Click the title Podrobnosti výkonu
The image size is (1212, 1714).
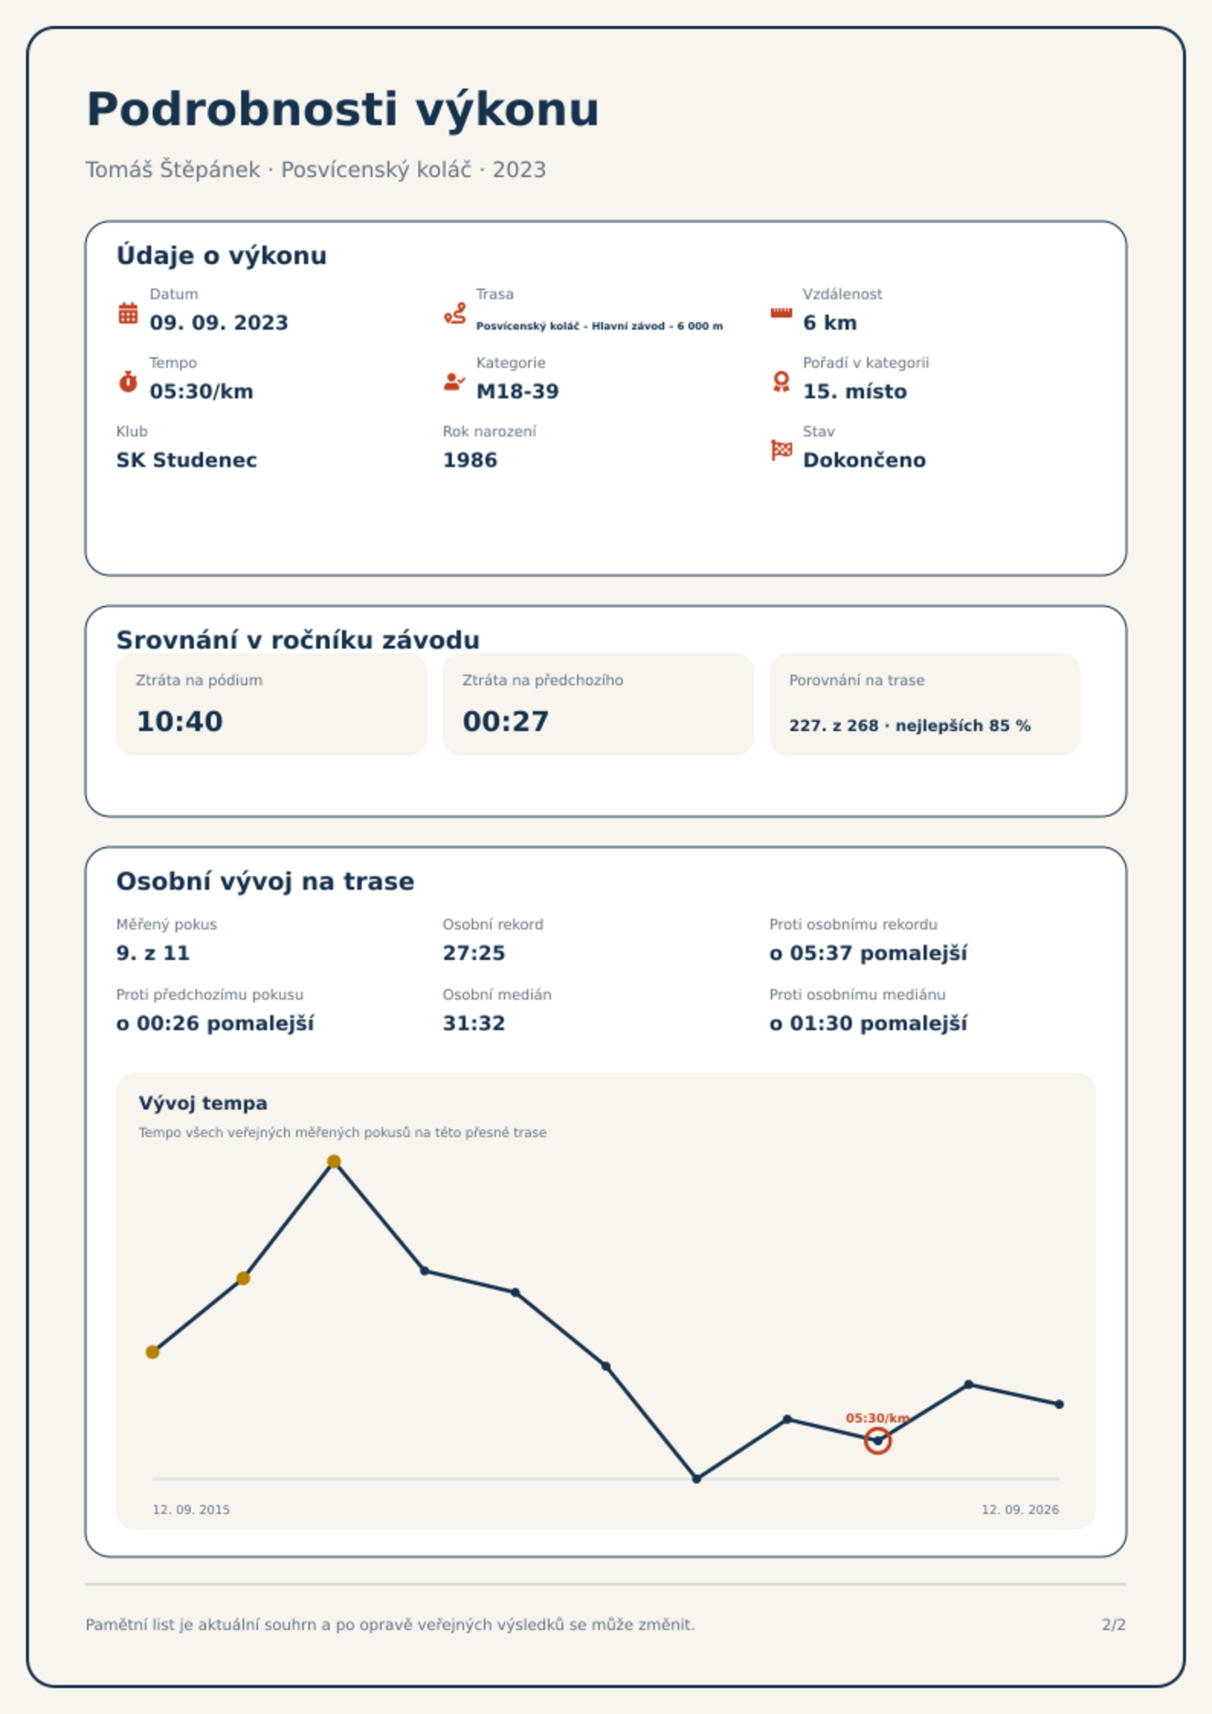[343, 110]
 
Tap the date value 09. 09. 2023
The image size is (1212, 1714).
[219, 323]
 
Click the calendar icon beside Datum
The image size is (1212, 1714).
[128, 313]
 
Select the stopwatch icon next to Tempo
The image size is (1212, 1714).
[128, 382]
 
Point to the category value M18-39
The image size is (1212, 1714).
[517, 391]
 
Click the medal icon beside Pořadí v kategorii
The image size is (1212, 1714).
[781, 382]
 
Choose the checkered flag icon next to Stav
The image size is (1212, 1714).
[782, 450]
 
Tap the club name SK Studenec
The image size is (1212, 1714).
[186, 460]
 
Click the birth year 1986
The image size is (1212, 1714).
[470, 460]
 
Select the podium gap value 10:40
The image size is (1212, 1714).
[179, 721]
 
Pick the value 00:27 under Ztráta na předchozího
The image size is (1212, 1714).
[506, 721]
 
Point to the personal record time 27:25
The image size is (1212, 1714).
[474, 953]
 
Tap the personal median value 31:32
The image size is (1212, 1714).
[474, 1023]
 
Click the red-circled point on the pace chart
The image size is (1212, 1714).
[878, 1441]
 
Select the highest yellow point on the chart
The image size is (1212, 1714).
[334, 1161]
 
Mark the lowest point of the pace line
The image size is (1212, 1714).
[697, 1479]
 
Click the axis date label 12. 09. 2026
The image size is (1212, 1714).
[1020, 1509]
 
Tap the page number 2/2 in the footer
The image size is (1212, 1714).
[1114, 1625]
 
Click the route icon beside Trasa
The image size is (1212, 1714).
[455, 313]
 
